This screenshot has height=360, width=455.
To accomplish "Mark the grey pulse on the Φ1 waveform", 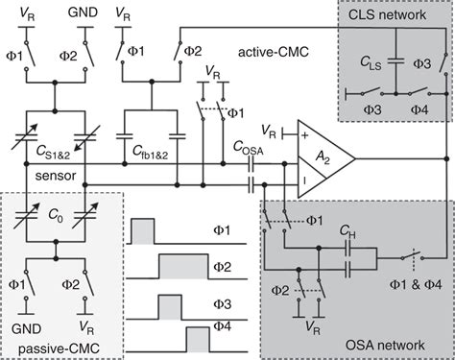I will pos(141,230).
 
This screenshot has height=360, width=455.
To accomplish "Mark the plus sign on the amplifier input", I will pos(305,138).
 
